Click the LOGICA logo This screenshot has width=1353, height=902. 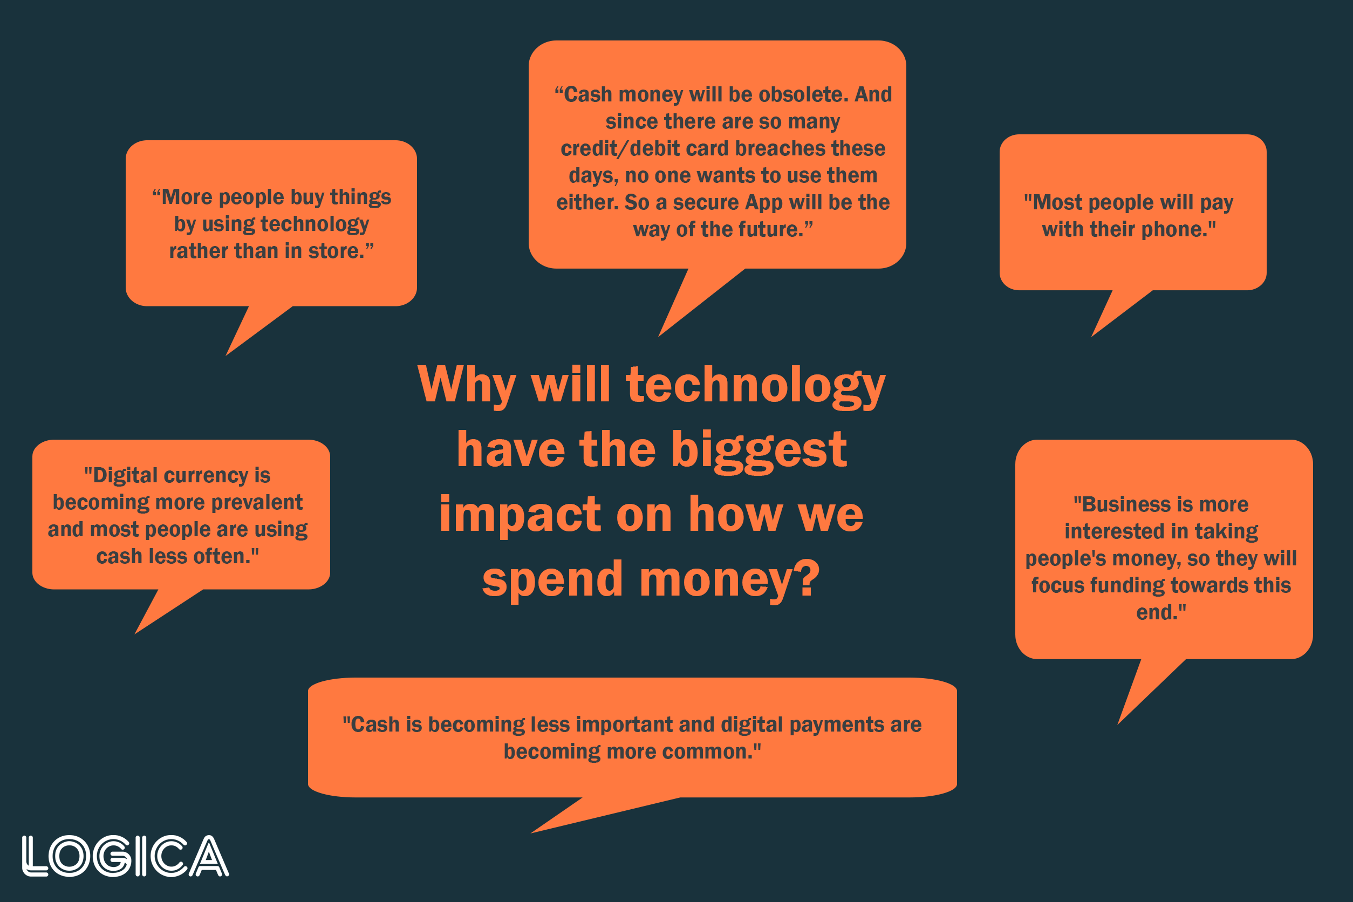(x=125, y=856)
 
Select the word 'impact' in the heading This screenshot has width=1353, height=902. (x=520, y=515)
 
